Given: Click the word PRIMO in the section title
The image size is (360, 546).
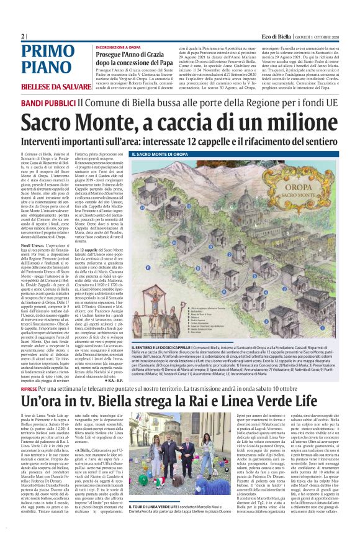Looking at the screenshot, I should pos(47,52).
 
